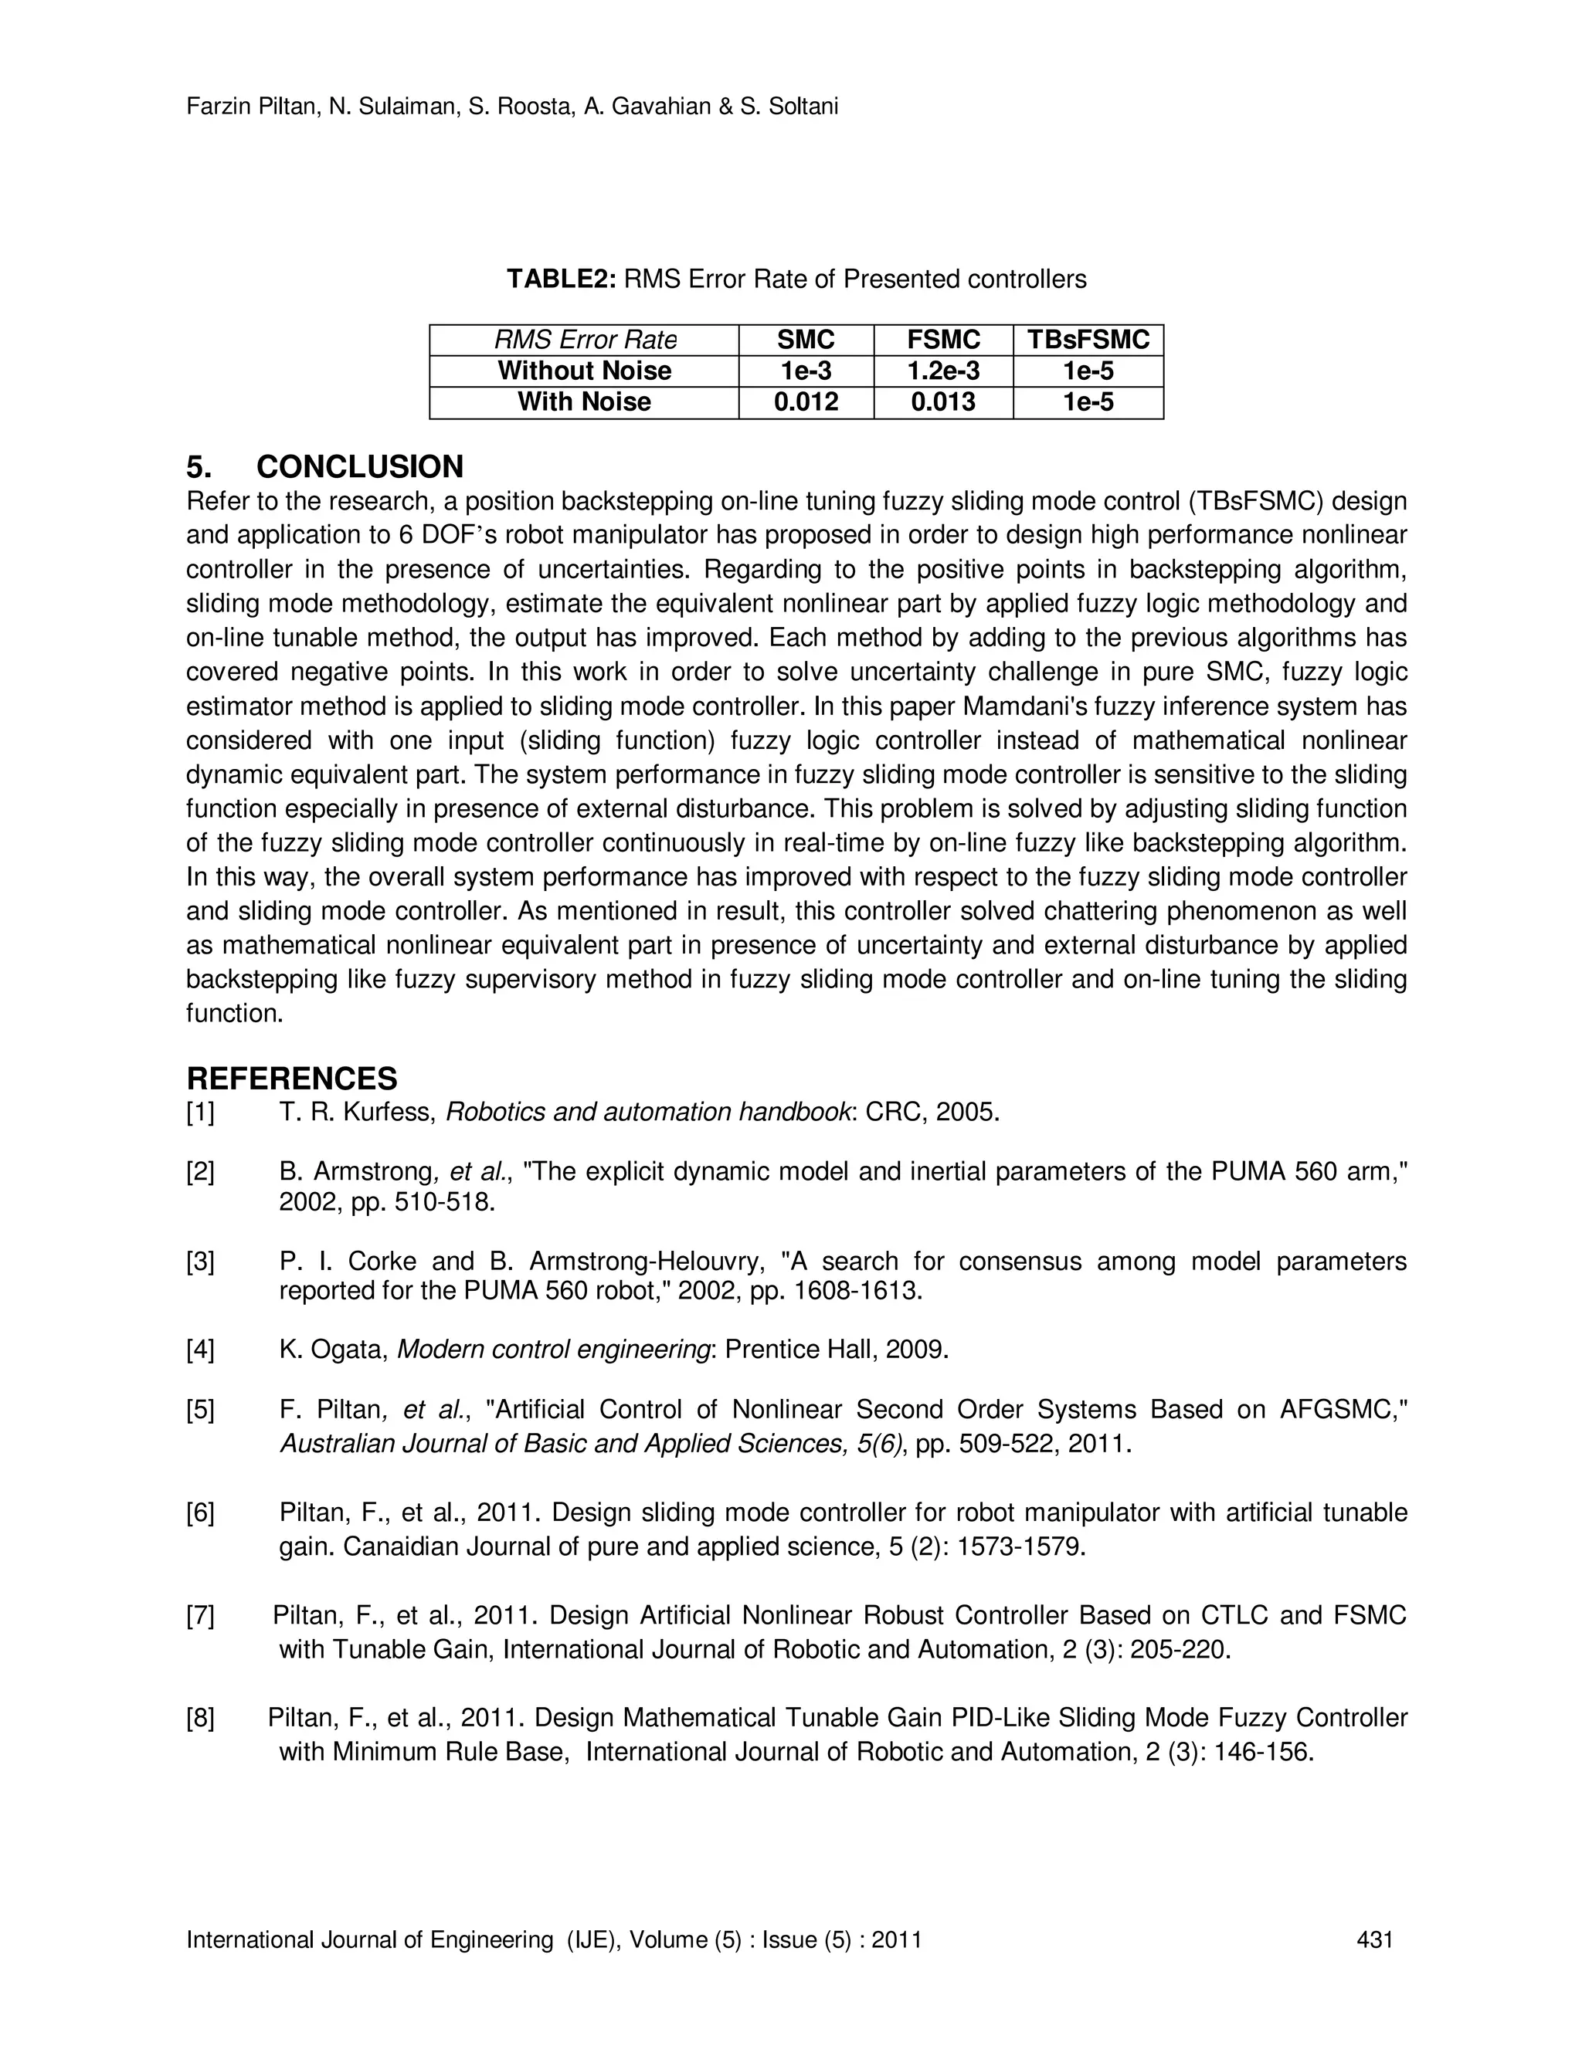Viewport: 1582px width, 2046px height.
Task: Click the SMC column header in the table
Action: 805,340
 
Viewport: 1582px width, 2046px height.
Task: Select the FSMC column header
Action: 943,340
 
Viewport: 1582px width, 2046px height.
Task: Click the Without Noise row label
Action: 584,371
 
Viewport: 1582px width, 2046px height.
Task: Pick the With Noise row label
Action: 584,402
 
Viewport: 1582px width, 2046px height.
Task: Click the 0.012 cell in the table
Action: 805,402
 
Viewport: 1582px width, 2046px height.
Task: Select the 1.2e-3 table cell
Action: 943,371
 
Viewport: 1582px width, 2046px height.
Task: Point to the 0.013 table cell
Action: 943,402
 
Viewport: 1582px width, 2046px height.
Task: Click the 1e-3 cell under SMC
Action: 805,371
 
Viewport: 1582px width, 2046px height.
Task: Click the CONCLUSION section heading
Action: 360,466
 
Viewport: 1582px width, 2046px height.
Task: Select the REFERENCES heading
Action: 291,1079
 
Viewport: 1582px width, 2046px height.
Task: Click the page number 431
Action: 1374,1940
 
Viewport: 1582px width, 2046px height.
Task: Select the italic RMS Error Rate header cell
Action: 585,340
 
